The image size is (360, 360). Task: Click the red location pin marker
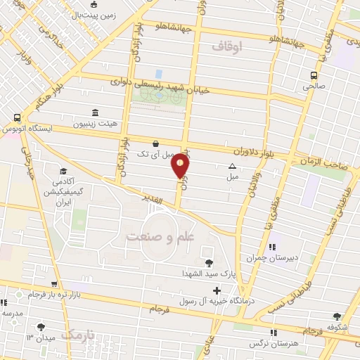point(181,166)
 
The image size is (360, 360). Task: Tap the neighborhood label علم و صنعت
point(160,238)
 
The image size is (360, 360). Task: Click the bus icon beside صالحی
point(314,75)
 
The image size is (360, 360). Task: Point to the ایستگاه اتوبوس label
point(47,129)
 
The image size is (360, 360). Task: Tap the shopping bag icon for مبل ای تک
point(155,144)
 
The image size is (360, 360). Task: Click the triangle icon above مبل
point(233,166)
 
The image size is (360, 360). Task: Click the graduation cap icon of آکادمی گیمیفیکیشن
point(63,171)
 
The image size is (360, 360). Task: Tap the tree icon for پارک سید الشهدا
point(208,262)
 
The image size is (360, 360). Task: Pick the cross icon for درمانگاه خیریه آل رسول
point(217,290)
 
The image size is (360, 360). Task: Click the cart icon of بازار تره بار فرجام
point(30,294)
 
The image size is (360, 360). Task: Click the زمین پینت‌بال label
point(94,15)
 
